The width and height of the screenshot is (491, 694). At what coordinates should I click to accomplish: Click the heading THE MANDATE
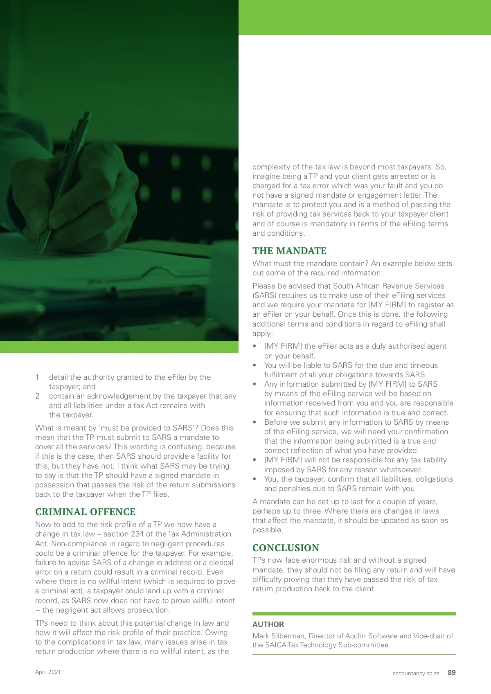point(289,251)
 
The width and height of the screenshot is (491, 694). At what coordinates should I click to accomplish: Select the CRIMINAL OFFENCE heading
point(85,512)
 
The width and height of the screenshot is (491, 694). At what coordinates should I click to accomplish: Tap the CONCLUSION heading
point(286,548)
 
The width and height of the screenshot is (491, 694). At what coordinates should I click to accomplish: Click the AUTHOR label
point(268,624)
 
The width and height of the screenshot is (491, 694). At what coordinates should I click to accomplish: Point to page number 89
point(451,673)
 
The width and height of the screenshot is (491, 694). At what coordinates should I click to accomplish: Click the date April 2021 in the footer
point(48,672)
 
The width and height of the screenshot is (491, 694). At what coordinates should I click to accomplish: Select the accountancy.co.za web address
point(416,673)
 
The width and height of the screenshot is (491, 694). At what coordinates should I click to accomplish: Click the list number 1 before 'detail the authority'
point(37,377)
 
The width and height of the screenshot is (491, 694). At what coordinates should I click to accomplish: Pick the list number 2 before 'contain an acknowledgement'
point(37,396)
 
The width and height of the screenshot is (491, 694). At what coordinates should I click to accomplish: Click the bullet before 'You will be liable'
point(255,365)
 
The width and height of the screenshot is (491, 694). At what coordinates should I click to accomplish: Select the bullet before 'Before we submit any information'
point(255,422)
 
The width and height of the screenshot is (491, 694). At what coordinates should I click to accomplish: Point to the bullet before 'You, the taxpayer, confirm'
point(255,479)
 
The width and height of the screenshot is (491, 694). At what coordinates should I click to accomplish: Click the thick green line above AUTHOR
point(354,614)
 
